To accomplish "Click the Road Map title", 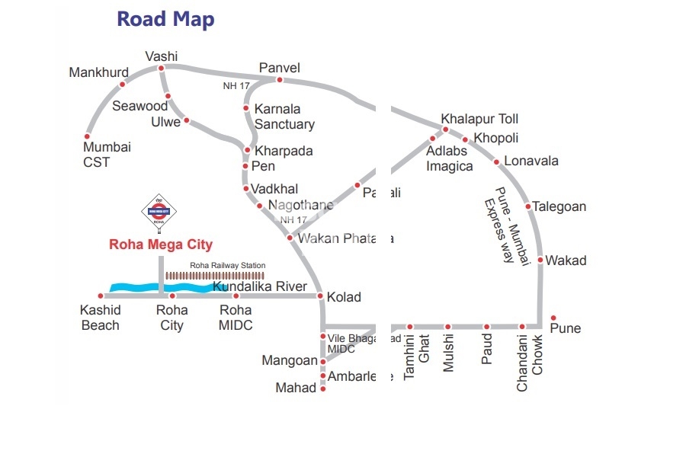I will [x=165, y=19].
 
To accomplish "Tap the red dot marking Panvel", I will [x=280, y=80].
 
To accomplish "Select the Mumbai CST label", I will [x=107, y=155].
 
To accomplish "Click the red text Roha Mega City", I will [x=161, y=244].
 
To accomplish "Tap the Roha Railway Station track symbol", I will [x=215, y=276].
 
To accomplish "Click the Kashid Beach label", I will [x=100, y=318].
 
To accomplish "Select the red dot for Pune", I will [x=554, y=318].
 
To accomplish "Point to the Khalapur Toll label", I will [x=480, y=120].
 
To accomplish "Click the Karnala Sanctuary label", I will [x=284, y=117].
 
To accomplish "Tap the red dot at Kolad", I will [x=321, y=296].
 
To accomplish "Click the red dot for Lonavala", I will [x=497, y=161].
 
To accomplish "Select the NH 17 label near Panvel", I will [x=236, y=86].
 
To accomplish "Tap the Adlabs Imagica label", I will [x=450, y=158].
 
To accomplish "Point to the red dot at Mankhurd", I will [x=122, y=84].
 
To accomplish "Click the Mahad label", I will [x=296, y=388].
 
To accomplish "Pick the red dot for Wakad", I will [x=540, y=260].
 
